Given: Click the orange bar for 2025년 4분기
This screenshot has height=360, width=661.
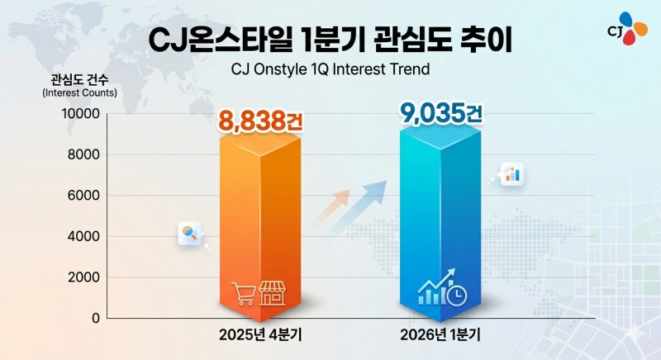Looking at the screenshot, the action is coord(260,227).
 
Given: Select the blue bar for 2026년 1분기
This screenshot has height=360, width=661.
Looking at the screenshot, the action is coord(440,223).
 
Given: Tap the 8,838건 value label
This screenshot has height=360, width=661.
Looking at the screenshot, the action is coord(260,121).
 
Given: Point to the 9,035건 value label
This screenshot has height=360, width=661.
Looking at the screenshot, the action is coord(441,114).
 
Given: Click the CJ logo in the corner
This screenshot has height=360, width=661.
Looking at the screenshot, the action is coord(628,29).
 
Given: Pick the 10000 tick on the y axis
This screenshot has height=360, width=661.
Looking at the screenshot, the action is coord(81,114).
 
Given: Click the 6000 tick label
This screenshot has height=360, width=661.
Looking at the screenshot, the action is coord(84,196).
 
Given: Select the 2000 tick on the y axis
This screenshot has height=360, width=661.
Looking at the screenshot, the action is coord(84,277).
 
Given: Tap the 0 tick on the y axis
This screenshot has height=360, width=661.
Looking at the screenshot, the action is coord(96,319).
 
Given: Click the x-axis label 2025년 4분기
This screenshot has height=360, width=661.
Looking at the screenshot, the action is coord(260,335).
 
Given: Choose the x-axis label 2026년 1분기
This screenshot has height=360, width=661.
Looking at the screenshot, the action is coord(440,335).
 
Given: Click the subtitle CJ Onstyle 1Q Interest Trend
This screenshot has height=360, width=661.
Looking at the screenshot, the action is coord(330,69).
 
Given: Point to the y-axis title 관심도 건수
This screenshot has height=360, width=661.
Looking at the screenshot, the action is coord(79,79).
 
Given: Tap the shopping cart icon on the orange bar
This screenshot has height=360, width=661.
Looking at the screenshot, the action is coord(243,293).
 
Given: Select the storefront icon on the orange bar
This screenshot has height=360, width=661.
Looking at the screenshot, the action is coord(272,293).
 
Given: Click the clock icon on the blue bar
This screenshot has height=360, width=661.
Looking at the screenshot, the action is coord(457,295).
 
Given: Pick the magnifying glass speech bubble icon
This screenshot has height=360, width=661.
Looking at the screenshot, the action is coord(190,234).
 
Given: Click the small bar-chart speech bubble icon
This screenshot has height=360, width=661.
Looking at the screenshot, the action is coord(512,174).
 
